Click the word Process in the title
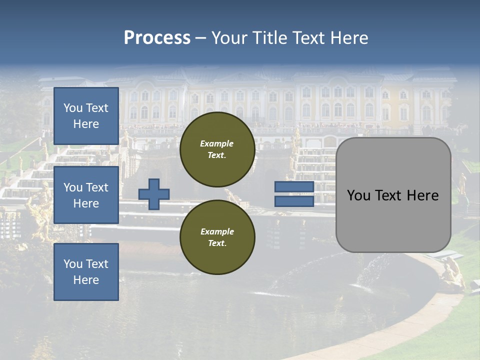(x=157, y=38)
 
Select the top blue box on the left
(x=86, y=116)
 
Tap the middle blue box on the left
(x=86, y=195)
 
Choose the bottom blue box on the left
(x=86, y=272)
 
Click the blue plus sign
(x=154, y=194)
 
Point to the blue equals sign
(x=294, y=194)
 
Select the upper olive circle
(x=217, y=149)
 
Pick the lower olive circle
(x=217, y=237)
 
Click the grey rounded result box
(x=393, y=195)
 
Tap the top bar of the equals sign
(x=294, y=187)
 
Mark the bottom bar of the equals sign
(x=294, y=201)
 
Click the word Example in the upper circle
(x=217, y=143)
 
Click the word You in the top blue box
(x=73, y=108)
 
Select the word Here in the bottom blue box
(x=86, y=280)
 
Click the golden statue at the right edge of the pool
(x=453, y=272)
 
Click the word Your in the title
(x=229, y=38)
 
